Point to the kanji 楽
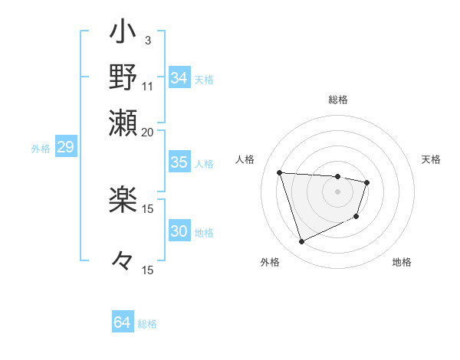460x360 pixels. pyautogui.click(x=123, y=201)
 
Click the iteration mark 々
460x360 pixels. pyautogui.click(x=123, y=261)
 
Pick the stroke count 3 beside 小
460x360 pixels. pyautogui.click(x=148, y=40)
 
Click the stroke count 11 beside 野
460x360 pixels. pyautogui.click(x=148, y=85)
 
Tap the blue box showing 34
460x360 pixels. pyautogui.click(x=179, y=77)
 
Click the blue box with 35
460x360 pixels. pyautogui.click(x=179, y=162)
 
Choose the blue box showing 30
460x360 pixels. pyautogui.click(x=179, y=231)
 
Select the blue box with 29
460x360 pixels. pyautogui.click(x=65, y=147)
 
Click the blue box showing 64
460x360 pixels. pyautogui.click(x=123, y=322)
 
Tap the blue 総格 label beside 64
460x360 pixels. pyautogui.click(x=148, y=324)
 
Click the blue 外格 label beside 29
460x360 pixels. pyautogui.click(x=41, y=149)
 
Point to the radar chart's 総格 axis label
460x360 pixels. pyautogui.click(x=338, y=100)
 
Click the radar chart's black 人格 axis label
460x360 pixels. pyautogui.click(x=246, y=159)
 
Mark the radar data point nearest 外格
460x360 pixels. pyautogui.click(x=301, y=242)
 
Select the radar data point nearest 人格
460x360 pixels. pyautogui.click(x=280, y=172)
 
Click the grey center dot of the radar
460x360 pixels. pyautogui.click(x=338, y=191)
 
